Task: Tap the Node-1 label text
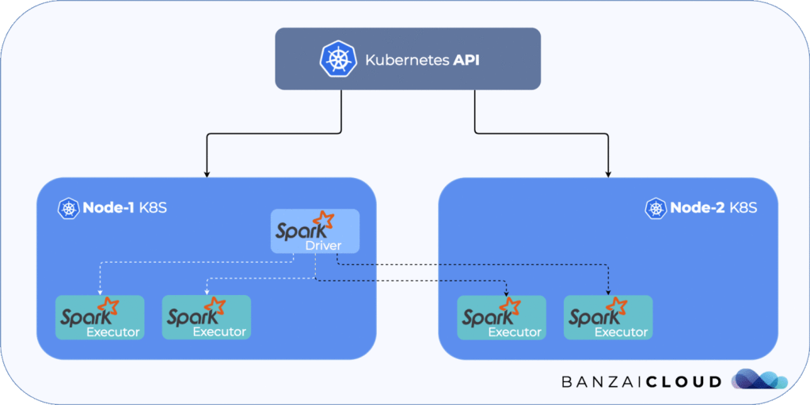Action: tap(108, 209)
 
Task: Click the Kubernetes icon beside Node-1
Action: tap(68, 209)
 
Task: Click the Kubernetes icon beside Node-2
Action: tap(656, 209)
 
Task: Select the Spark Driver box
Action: tap(315, 232)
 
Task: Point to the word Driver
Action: tap(323, 246)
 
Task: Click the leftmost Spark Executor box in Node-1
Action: tap(100, 317)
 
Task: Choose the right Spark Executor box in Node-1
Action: tap(206, 317)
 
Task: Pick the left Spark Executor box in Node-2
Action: tap(502, 317)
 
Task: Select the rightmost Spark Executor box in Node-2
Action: tap(608, 317)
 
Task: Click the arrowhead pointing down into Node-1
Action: tap(207, 172)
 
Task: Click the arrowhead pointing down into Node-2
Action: tap(608, 172)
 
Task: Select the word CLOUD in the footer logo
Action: tap(682, 382)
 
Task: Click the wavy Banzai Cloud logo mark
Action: tap(759, 380)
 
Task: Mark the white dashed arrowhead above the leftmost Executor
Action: tap(100, 292)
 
